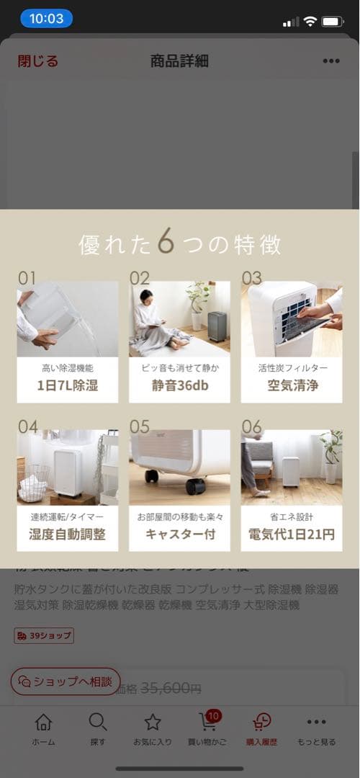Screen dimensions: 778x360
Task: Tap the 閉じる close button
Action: click(x=38, y=61)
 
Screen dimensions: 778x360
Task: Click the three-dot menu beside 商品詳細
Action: click(x=330, y=61)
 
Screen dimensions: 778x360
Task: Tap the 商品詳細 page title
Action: click(x=179, y=61)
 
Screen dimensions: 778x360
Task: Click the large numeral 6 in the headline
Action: click(x=166, y=243)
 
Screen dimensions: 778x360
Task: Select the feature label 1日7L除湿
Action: click(x=67, y=385)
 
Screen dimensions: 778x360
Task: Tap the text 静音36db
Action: click(x=179, y=385)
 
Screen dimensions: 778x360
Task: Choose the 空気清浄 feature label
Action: click(x=292, y=385)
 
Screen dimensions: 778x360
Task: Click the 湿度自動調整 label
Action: click(x=67, y=534)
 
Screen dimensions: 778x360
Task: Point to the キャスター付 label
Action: click(x=179, y=534)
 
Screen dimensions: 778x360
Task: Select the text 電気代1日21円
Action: click(x=292, y=534)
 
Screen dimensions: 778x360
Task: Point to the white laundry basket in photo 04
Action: click(x=32, y=486)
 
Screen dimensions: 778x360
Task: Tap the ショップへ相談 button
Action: click(x=66, y=681)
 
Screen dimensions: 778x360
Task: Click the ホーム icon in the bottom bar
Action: click(x=43, y=722)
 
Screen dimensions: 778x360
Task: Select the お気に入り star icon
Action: click(x=153, y=722)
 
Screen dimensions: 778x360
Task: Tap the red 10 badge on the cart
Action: click(x=213, y=715)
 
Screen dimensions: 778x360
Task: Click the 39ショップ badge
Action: click(x=44, y=635)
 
